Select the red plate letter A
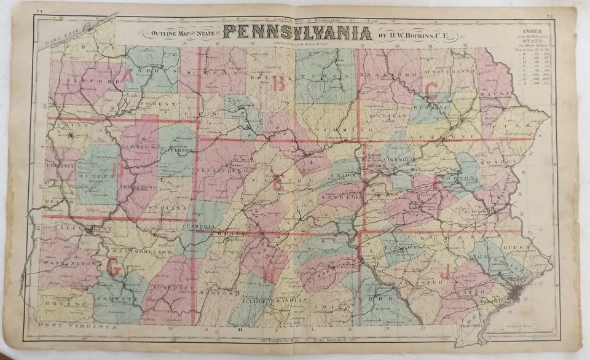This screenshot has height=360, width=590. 130,77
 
